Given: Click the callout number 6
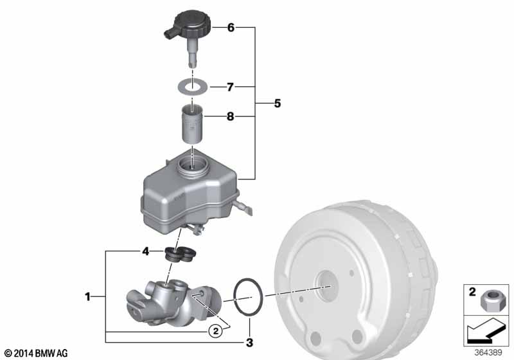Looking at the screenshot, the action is click(x=231, y=28).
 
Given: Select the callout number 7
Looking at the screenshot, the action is click(x=231, y=87).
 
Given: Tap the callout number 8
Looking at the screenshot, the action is click(x=231, y=116).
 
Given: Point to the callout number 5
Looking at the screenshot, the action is click(x=278, y=104).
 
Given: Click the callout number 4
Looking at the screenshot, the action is click(x=146, y=251).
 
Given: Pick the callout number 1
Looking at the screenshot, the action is click(x=87, y=297).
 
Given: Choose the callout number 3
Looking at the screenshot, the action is click(x=249, y=343).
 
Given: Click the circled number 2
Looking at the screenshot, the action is click(x=215, y=331).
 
